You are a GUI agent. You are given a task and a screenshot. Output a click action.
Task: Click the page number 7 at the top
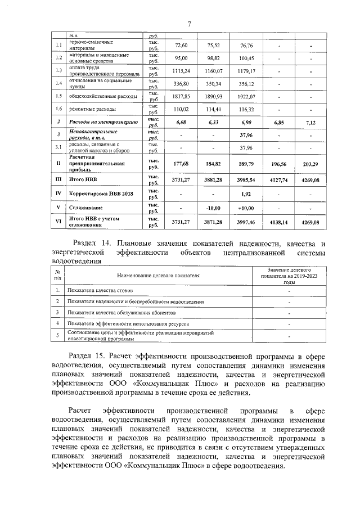point(189,23)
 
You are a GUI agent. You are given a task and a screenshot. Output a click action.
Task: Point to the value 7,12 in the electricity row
point(310,122)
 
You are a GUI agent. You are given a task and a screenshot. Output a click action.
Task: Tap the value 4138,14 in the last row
point(279,223)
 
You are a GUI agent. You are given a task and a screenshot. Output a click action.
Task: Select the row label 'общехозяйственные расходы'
point(101,96)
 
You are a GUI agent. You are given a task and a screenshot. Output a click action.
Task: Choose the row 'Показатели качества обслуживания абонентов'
point(121,313)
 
